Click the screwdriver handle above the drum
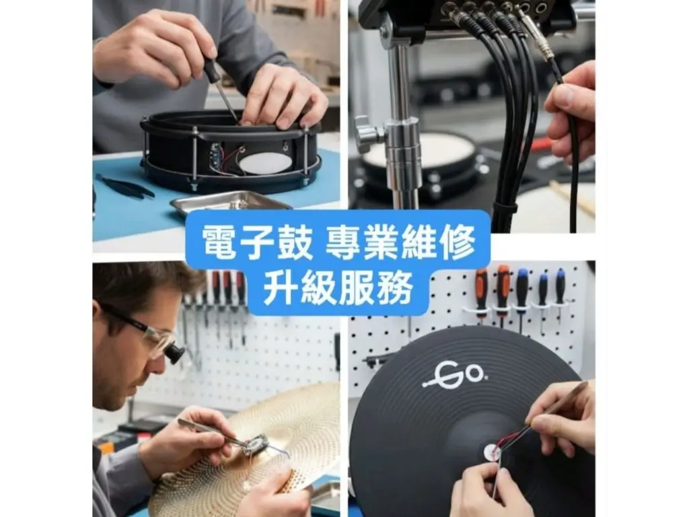[211, 71]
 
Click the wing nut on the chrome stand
[367, 134]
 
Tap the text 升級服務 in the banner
[338, 287]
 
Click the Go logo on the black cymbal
[454, 374]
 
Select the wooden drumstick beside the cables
[572, 199]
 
